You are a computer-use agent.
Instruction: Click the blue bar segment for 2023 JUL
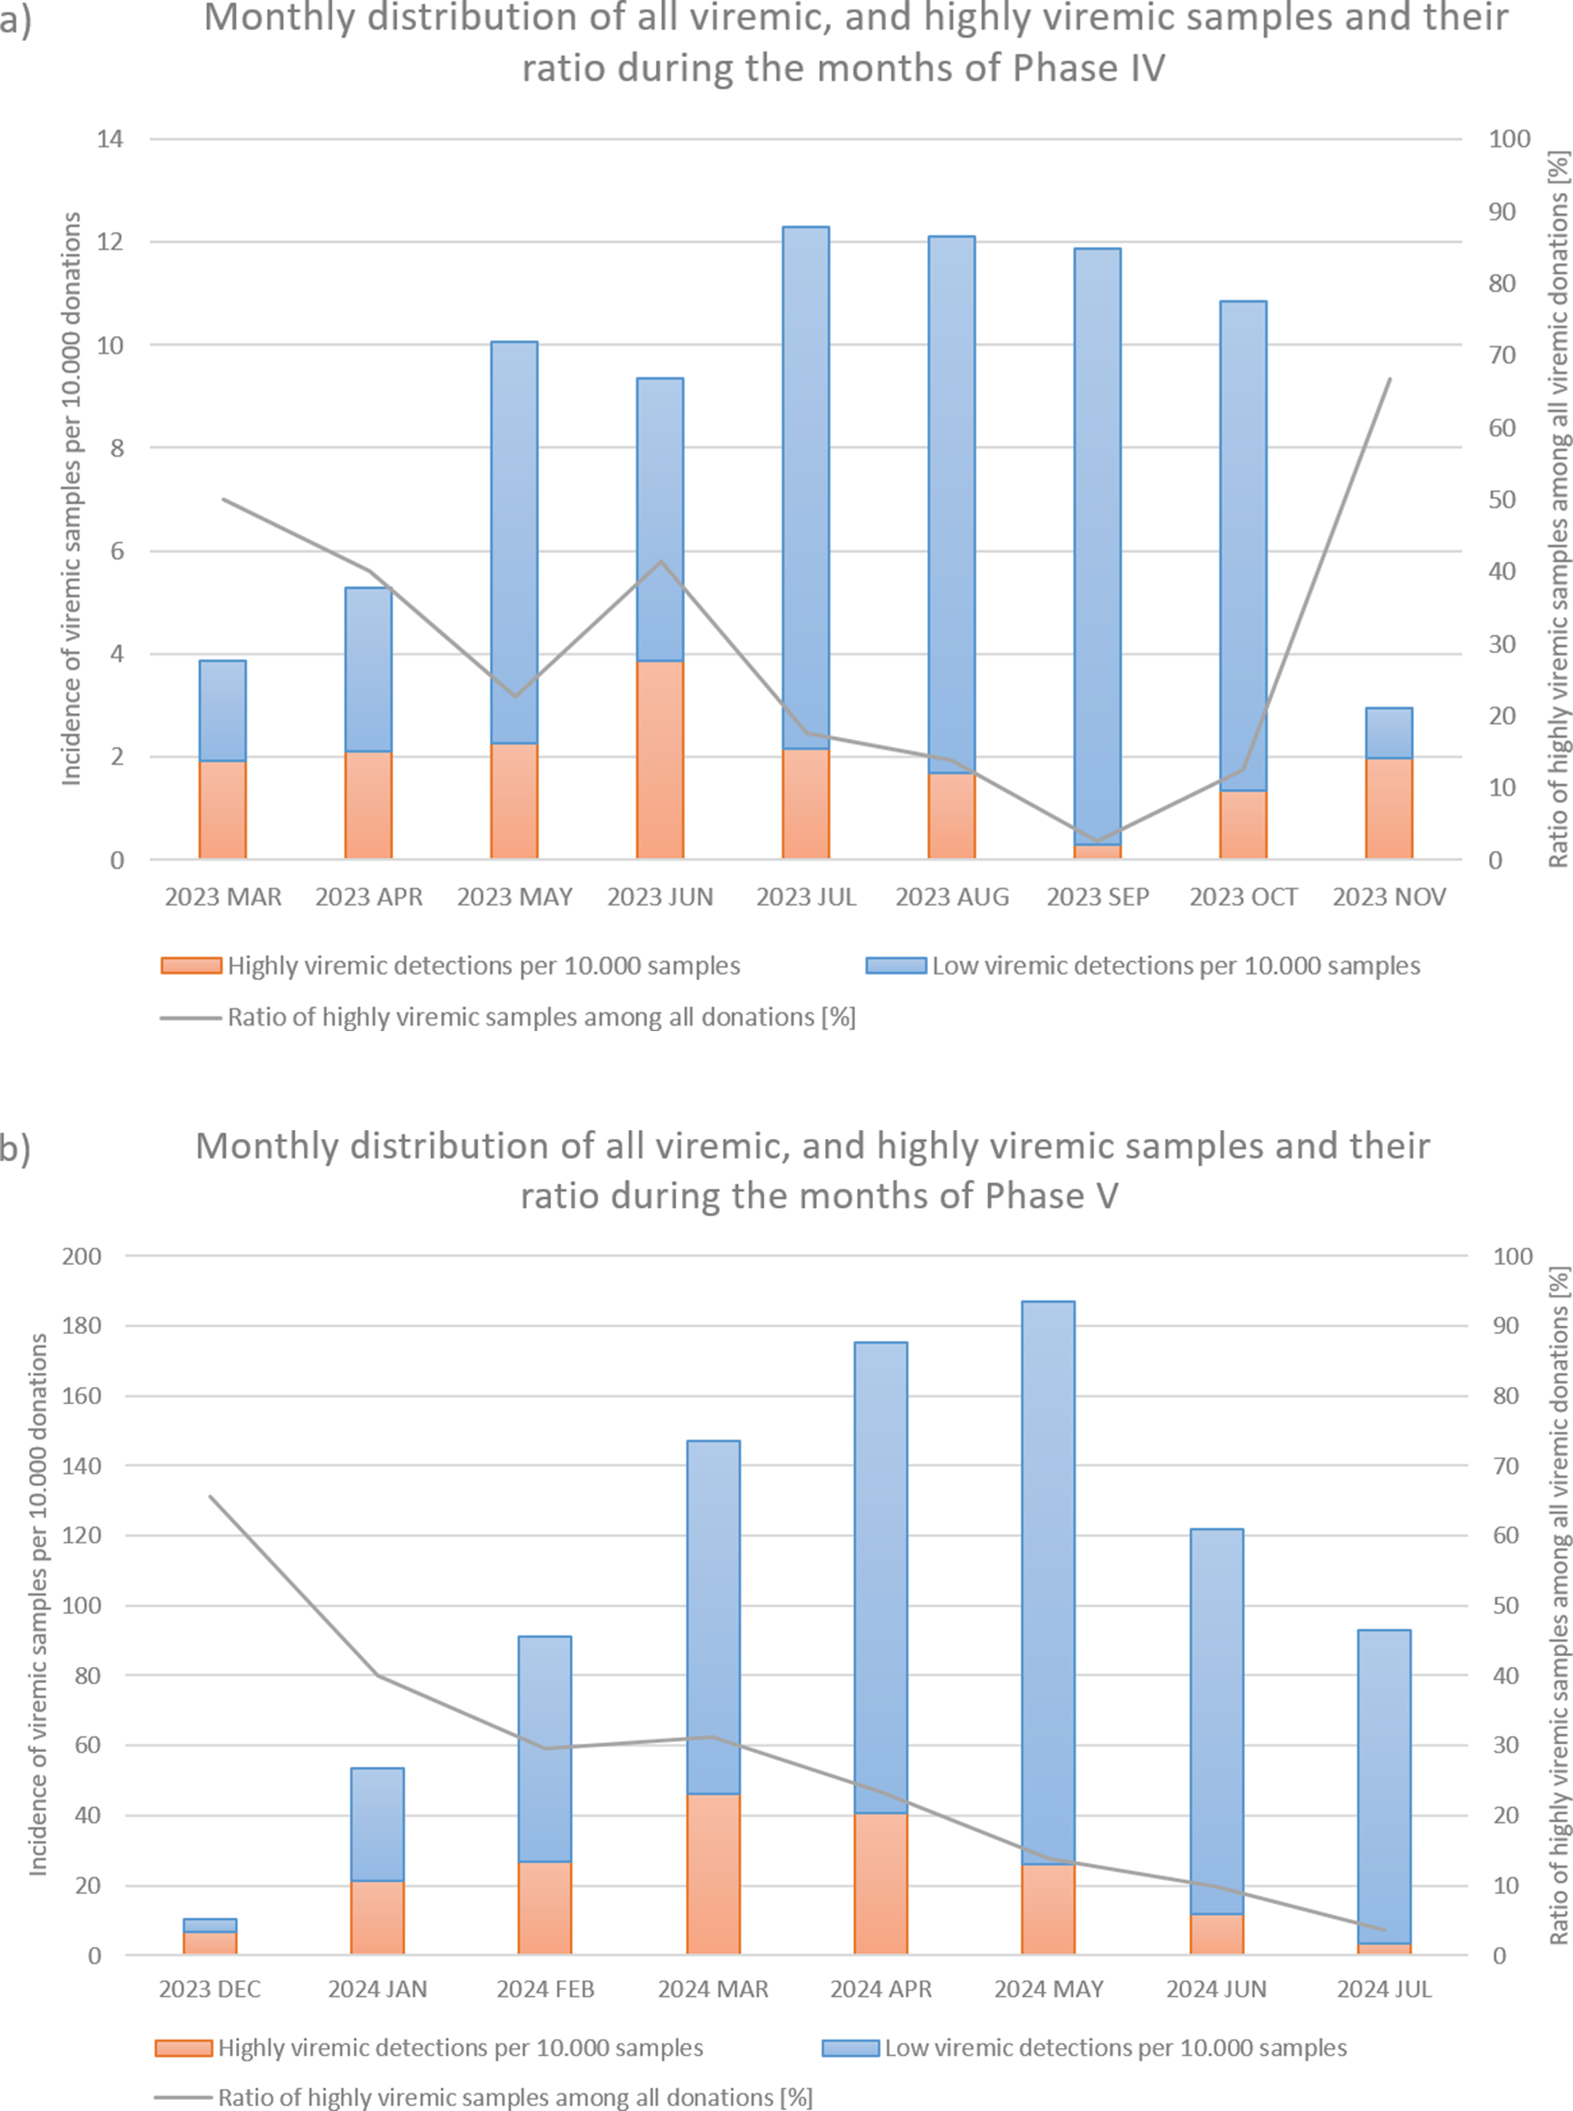coord(805,486)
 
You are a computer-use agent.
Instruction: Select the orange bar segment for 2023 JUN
coord(660,760)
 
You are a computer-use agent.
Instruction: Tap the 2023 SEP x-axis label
coord(1098,897)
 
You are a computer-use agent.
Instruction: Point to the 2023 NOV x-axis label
coord(1388,897)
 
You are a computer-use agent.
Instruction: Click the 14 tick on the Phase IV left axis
coord(110,139)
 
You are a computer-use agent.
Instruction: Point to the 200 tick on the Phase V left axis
coord(82,1255)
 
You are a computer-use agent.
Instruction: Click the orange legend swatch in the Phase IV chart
coord(191,966)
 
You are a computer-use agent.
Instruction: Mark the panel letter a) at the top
coord(15,19)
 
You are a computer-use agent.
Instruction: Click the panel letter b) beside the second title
coord(15,1149)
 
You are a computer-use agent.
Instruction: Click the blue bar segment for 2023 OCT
coord(1243,545)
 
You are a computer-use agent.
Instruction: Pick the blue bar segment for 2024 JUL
coord(1383,1772)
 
